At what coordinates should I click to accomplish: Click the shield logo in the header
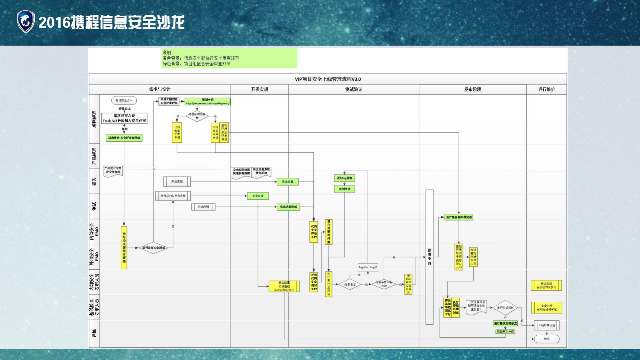tap(26, 22)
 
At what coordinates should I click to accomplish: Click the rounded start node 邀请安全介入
tap(124, 100)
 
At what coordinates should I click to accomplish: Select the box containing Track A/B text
tap(124, 118)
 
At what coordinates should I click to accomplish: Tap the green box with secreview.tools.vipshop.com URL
tap(207, 101)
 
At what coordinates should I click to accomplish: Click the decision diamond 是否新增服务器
tap(197, 116)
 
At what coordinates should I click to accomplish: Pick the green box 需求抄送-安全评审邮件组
tap(124, 138)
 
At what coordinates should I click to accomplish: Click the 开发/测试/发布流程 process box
tap(173, 196)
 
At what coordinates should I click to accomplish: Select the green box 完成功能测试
tap(288, 207)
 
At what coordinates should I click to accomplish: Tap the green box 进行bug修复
tap(345, 178)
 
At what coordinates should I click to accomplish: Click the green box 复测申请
tap(345, 189)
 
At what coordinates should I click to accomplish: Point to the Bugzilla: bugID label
tap(368, 267)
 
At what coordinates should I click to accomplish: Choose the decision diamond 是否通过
tap(350, 284)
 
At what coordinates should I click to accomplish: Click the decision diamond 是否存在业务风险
tap(384, 284)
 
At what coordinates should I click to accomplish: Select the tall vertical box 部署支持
tap(429, 257)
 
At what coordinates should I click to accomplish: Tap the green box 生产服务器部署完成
tap(459, 217)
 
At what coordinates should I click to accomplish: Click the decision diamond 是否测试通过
tap(505, 308)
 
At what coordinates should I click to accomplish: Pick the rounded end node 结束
tap(546, 339)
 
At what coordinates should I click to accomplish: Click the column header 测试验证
tap(354, 89)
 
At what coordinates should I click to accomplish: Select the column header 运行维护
tap(546, 89)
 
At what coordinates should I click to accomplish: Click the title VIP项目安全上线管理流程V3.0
tap(328, 79)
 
